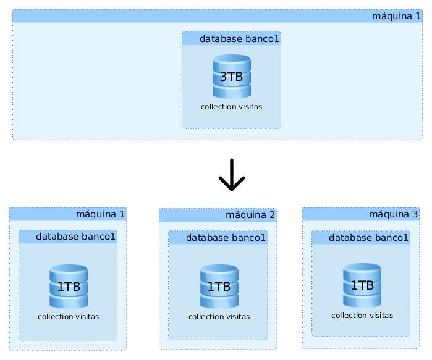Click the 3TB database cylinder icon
coord(232,76)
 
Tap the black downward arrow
coord(232,175)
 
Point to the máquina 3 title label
coord(393,214)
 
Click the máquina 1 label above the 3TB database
coord(396,15)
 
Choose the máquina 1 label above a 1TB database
coord(100,214)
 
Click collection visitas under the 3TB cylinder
coord(232,107)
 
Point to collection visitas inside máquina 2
coord(219,317)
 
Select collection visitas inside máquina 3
coord(362,316)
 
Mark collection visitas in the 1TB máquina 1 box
coord(69,317)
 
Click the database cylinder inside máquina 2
coord(219,286)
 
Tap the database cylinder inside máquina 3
coord(362,285)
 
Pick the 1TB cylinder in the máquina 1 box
coord(69,286)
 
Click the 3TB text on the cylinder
coord(232,77)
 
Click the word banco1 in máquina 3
coord(393,237)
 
